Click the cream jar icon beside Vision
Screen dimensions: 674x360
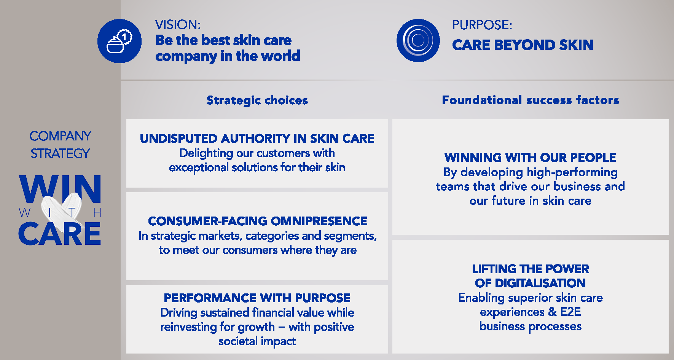click(120, 41)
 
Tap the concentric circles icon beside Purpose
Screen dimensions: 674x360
click(418, 40)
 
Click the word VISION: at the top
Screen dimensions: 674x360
click(178, 25)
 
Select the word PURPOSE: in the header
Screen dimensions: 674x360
click(482, 25)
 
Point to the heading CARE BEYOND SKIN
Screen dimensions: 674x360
click(523, 45)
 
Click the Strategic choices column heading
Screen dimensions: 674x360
click(257, 100)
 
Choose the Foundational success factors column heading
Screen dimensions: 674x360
click(531, 100)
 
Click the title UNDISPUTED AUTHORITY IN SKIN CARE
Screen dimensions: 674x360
click(257, 139)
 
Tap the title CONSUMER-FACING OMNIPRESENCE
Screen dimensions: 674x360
click(258, 221)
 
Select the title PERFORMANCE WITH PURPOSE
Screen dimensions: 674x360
click(257, 298)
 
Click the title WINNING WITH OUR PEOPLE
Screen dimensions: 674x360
click(530, 158)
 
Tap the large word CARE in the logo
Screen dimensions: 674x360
click(60, 234)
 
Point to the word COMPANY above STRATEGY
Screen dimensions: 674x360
click(60, 136)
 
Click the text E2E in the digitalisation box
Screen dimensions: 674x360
click(570, 312)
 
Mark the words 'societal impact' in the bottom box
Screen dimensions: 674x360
click(257, 341)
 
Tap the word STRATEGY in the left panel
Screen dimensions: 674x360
click(60, 153)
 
